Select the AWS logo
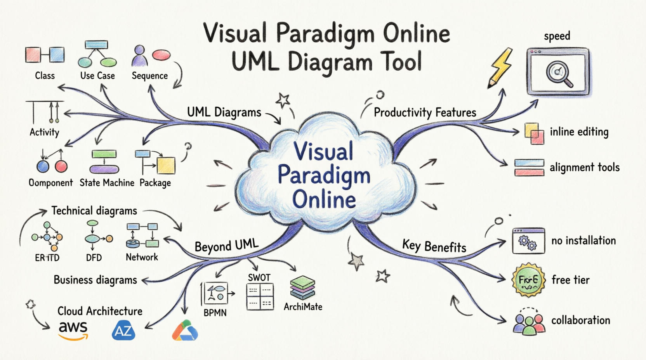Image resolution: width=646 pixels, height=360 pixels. coord(73,330)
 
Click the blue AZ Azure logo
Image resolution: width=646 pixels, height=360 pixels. coord(123,331)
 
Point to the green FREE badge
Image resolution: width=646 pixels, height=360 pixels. coord(528,280)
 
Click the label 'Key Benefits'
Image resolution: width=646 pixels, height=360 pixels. coord(434,246)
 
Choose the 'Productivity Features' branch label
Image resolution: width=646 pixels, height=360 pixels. coord(425,112)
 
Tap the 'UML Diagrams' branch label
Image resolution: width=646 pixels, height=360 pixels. coord(224,112)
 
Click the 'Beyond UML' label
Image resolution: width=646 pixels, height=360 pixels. coord(226,246)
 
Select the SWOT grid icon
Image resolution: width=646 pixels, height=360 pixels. coord(260,296)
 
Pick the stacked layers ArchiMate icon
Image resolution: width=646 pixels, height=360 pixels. coord(302,287)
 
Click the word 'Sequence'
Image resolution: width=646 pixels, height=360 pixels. coord(149,76)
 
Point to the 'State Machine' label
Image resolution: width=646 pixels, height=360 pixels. coord(107,183)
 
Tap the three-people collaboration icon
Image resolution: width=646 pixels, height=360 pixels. coord(528,323)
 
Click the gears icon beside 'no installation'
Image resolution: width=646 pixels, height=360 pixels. coord(528,242)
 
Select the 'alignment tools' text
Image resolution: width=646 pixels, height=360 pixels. coord(584,168)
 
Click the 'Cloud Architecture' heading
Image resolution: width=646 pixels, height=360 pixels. coord(100,311)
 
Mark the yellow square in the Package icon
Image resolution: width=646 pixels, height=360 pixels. coord(166,165)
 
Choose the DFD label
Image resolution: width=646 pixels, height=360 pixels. coord(94,258)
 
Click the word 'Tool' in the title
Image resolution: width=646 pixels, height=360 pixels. coord(401,62)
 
